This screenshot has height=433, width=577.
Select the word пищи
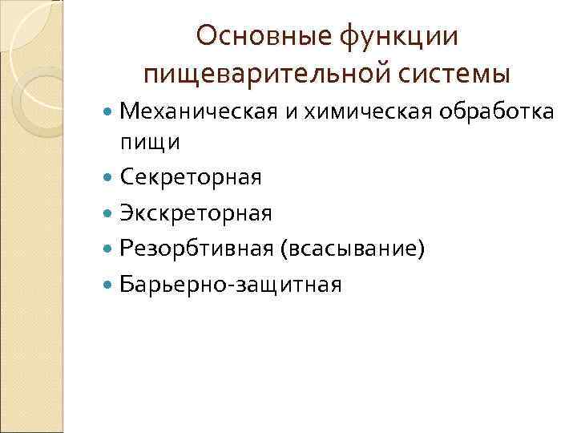(x=150, y=142)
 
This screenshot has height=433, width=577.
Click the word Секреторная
(x=190, y=177)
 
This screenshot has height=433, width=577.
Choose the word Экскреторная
(x=196, y=212)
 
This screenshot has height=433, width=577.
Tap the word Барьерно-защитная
(x=230, y=284)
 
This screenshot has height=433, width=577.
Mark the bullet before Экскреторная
(x=109, y=213)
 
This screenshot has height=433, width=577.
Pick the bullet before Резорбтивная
(x=109, y=249)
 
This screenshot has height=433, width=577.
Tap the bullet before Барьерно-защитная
(x=109, y=285)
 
